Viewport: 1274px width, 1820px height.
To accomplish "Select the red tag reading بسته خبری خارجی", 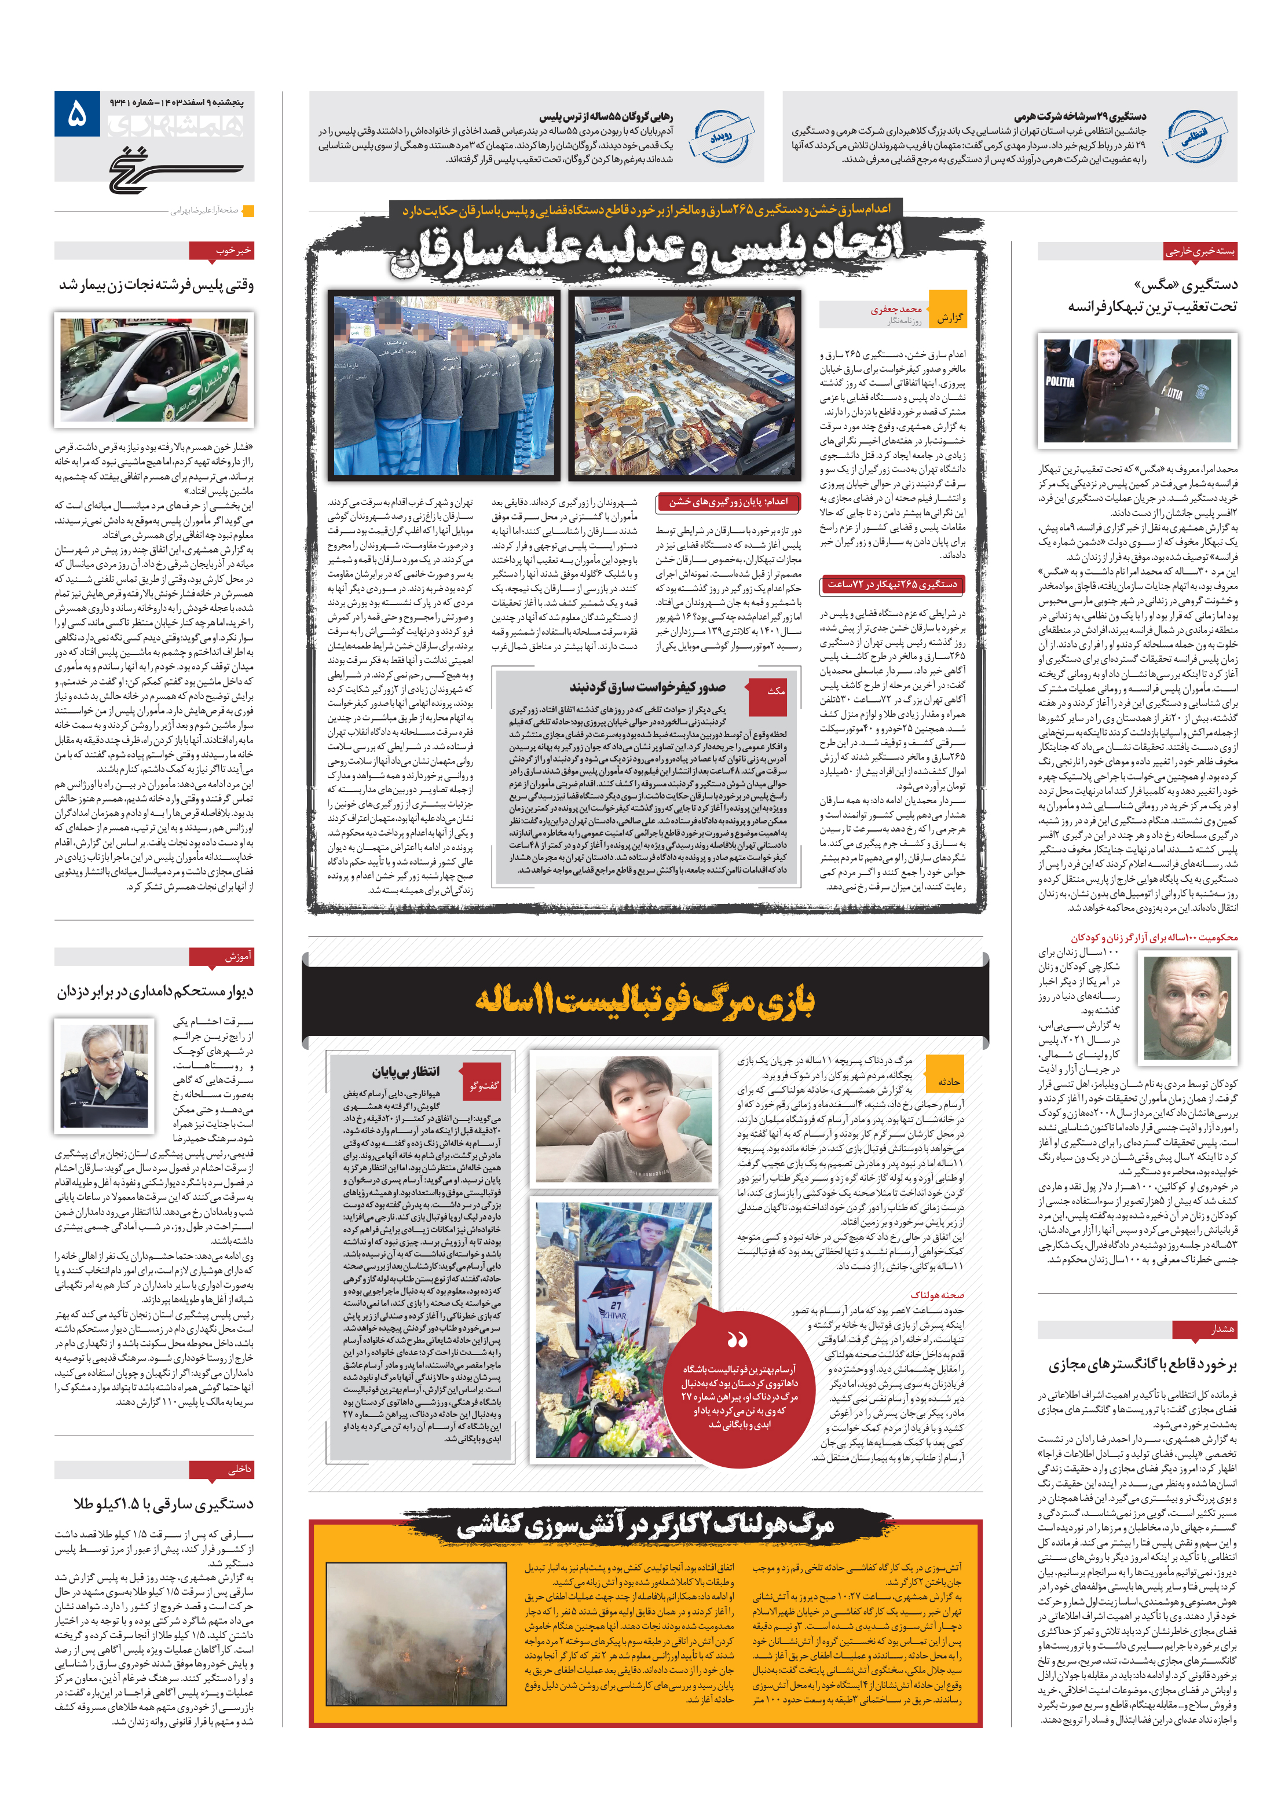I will pos(1199,251).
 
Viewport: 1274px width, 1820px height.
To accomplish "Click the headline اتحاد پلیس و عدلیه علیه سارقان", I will pos(646,247).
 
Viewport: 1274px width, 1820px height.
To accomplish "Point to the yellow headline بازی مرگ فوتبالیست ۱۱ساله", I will pos(644,1001).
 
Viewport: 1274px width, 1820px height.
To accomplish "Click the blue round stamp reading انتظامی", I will pos(1194,136).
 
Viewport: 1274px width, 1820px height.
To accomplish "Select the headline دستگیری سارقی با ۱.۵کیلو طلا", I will pos(163,1504).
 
